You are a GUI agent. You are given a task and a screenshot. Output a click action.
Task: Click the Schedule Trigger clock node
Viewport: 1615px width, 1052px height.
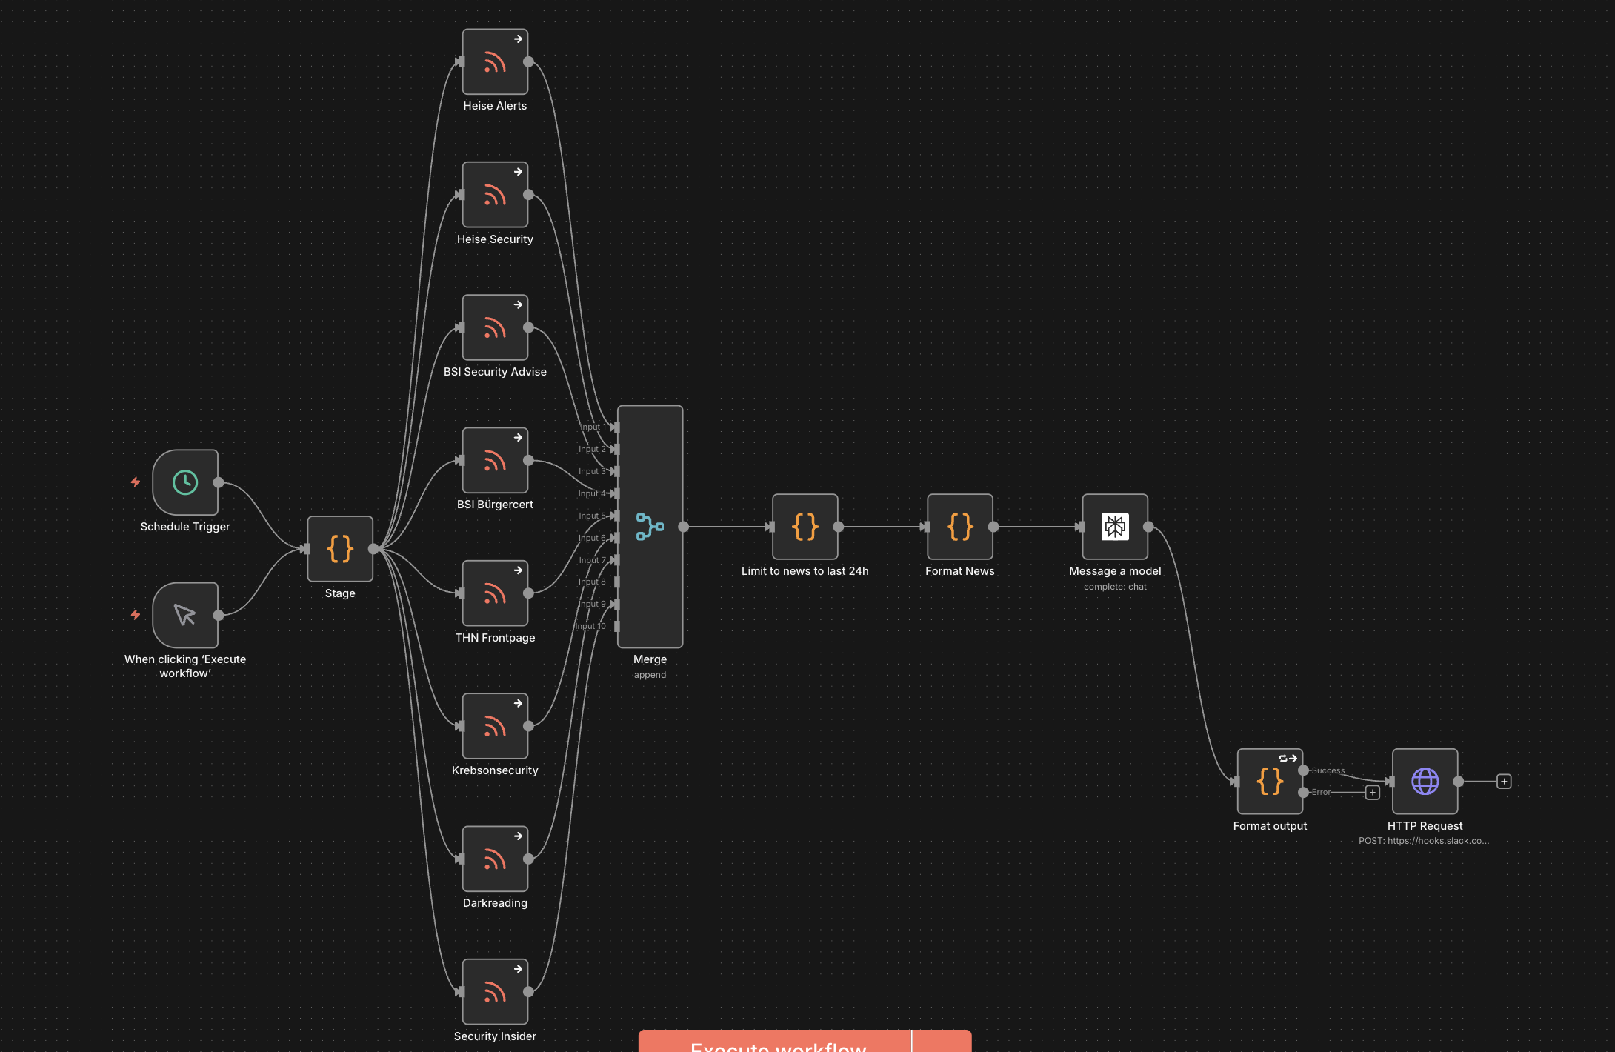coord(185,482)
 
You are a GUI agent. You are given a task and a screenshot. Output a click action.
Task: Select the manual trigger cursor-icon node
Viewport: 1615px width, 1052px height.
coord(185,615)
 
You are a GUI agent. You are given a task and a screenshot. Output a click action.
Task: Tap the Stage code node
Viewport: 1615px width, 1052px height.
coord(340,549)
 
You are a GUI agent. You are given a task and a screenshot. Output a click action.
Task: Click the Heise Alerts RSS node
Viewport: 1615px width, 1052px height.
coord(495,62)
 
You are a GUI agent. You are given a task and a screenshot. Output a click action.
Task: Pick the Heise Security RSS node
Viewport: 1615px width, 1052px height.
coord(495,195)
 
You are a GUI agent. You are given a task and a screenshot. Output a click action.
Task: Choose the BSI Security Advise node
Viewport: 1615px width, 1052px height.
coord(495,327)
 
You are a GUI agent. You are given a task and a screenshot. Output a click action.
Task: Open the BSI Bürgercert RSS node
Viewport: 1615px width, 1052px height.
coord(495,460)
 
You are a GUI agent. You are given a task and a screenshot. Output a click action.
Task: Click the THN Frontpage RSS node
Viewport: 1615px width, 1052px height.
coord(495,593)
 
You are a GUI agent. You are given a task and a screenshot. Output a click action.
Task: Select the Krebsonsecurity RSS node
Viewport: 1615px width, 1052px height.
coord(495,726)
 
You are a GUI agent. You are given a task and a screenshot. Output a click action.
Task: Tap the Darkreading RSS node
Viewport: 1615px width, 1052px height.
coord(495,859)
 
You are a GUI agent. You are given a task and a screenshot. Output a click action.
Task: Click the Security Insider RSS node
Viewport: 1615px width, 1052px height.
coord(495,992)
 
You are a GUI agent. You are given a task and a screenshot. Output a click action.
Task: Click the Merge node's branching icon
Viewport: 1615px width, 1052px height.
coord(650,527)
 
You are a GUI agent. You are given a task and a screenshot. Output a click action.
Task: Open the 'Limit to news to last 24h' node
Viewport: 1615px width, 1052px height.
coord(805,527)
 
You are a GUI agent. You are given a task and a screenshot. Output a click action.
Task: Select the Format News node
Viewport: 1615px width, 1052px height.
coord(959,527)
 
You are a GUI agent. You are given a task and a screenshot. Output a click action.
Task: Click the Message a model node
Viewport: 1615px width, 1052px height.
coord(1115,527)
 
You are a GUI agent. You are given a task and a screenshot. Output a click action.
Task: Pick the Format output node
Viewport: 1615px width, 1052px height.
coord(1270,782)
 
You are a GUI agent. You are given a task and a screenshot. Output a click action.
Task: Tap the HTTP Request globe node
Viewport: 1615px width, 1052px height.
coord(1425,782)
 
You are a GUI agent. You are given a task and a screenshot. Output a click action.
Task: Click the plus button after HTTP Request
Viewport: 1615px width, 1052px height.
coord(1504,782)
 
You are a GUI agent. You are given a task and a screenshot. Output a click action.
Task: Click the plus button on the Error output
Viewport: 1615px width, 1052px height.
coord(1373,793)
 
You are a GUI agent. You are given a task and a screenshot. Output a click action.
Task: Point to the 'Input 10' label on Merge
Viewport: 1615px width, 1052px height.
coord(591,627)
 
